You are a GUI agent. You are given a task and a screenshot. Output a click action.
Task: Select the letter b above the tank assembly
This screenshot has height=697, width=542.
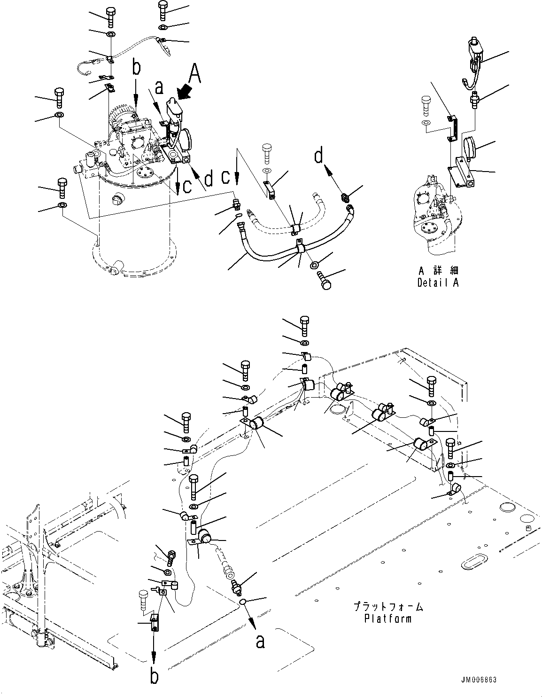(x=136, y=68)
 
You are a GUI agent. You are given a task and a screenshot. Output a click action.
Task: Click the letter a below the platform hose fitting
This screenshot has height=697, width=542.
(x=260, y=641)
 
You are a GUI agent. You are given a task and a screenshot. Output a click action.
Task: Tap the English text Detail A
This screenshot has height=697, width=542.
(x=438, y=282)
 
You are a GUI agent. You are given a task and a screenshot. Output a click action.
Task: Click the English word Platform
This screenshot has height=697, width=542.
(x=387, y=618)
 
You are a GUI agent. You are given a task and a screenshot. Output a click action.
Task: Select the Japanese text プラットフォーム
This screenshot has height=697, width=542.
(x=388, y=607)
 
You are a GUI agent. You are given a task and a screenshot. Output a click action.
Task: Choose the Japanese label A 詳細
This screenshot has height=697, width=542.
(x=438, y=271)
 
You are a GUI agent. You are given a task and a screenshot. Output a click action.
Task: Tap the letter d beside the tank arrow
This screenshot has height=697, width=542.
(x=209, y=178)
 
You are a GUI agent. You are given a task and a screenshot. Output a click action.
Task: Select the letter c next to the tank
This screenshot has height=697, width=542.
(x=186, y=186)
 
